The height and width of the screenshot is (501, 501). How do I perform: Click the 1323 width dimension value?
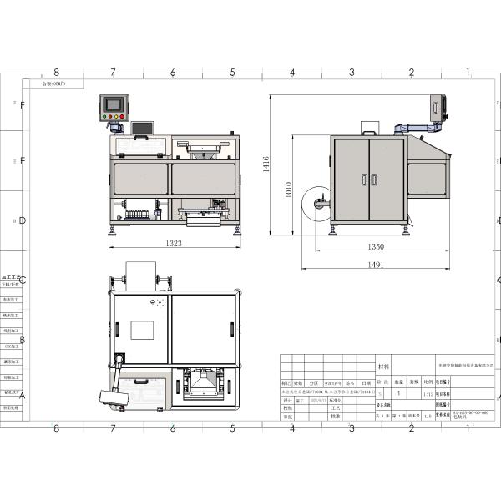click(x=173, y=243)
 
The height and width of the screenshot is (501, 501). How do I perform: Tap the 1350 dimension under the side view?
click(x=375, y=246)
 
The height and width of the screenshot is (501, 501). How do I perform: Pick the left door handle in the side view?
click(x=364, y=178)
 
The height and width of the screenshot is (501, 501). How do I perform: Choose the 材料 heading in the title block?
click(x=383, y=366)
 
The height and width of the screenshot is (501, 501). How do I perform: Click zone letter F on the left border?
click(x=23, y=105)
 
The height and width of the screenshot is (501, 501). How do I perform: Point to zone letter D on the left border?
click(x=23, y=221)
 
